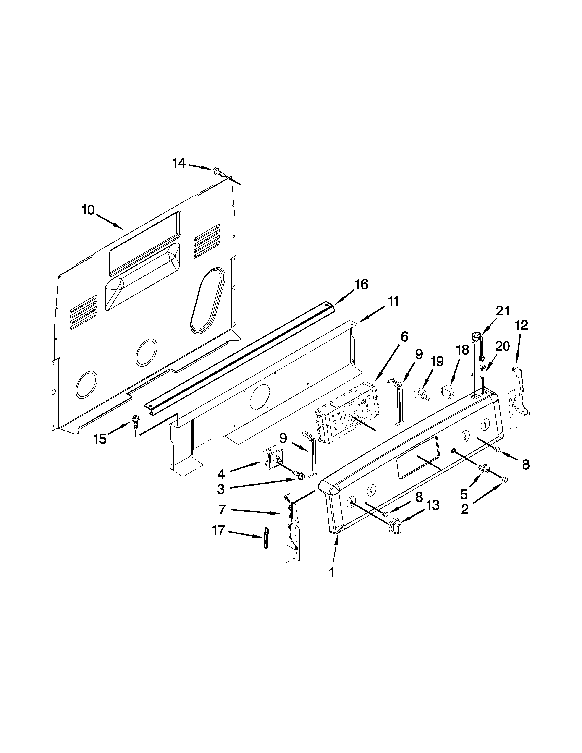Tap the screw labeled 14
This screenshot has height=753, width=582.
pos(218,171)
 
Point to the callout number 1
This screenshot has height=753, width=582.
pos(331,573)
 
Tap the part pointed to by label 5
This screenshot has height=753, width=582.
pos(484,468)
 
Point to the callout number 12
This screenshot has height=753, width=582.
pos(522,325)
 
